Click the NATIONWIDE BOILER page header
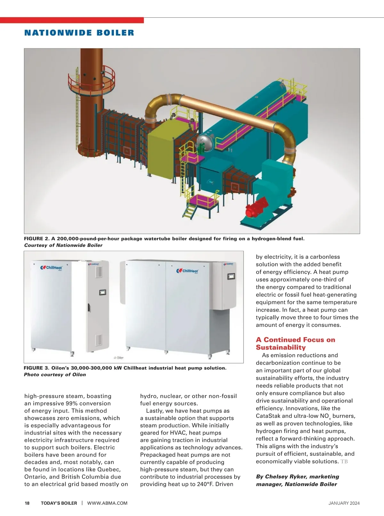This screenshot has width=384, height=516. [x=79, y=33]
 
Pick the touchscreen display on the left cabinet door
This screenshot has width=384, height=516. [x=103, y=292]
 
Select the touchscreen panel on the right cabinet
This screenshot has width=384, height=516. [x=231, y=276]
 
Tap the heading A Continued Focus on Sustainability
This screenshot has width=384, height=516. [x=295, y=344]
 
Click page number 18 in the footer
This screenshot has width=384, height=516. [x=27, y=503]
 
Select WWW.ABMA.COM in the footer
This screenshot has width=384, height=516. [x=107, y=503]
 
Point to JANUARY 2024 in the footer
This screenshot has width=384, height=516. [x=344, y=503]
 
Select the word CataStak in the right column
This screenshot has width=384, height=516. [x=268, y=416]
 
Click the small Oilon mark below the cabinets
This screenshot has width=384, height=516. [x=119, y=358]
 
